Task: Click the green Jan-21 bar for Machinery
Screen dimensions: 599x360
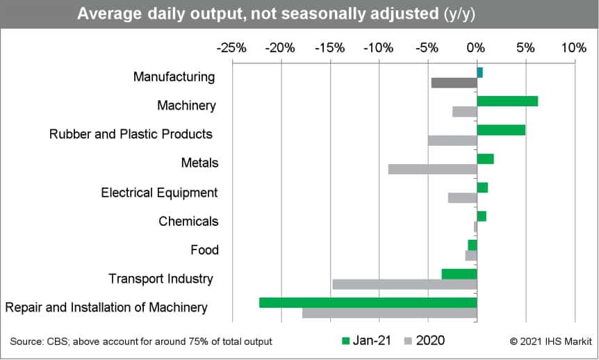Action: [x=507, y=101]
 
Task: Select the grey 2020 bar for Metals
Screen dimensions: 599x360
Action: [x=433, y=170]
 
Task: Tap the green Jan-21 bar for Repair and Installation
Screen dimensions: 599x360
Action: [x=368, y=303]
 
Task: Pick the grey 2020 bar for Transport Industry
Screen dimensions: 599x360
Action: [x=405, y=284]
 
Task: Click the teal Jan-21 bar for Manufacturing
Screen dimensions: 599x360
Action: [x=479, y=72]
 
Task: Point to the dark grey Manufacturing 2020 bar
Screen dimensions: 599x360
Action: [x=454, y=83]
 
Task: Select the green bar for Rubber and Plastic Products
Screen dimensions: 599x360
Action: [x=501, y=130]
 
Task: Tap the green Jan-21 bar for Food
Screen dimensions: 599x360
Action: [x=473, y=245]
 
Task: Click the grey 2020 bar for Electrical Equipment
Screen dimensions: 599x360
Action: [x=463, y=198]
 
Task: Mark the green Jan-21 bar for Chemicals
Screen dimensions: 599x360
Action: [x=482, y=216]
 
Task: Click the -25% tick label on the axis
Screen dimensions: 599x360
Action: [x=231, y=48]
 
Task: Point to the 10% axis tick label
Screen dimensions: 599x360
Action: [x=574, y=48]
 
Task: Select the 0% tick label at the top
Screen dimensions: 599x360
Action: [x=476, y=48]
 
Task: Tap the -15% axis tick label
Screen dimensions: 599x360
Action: [x=329, y=48]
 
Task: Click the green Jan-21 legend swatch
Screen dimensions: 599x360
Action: [x=346, y=341]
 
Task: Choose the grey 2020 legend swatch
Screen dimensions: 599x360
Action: [x=409, y=341]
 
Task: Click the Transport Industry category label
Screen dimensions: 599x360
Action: [x=161, y=279]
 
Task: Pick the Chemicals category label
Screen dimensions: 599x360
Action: [x=189, y=221]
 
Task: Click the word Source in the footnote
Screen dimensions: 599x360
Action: [x=26, y=341]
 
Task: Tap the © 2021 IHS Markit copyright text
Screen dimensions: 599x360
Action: [x=551, y=341]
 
